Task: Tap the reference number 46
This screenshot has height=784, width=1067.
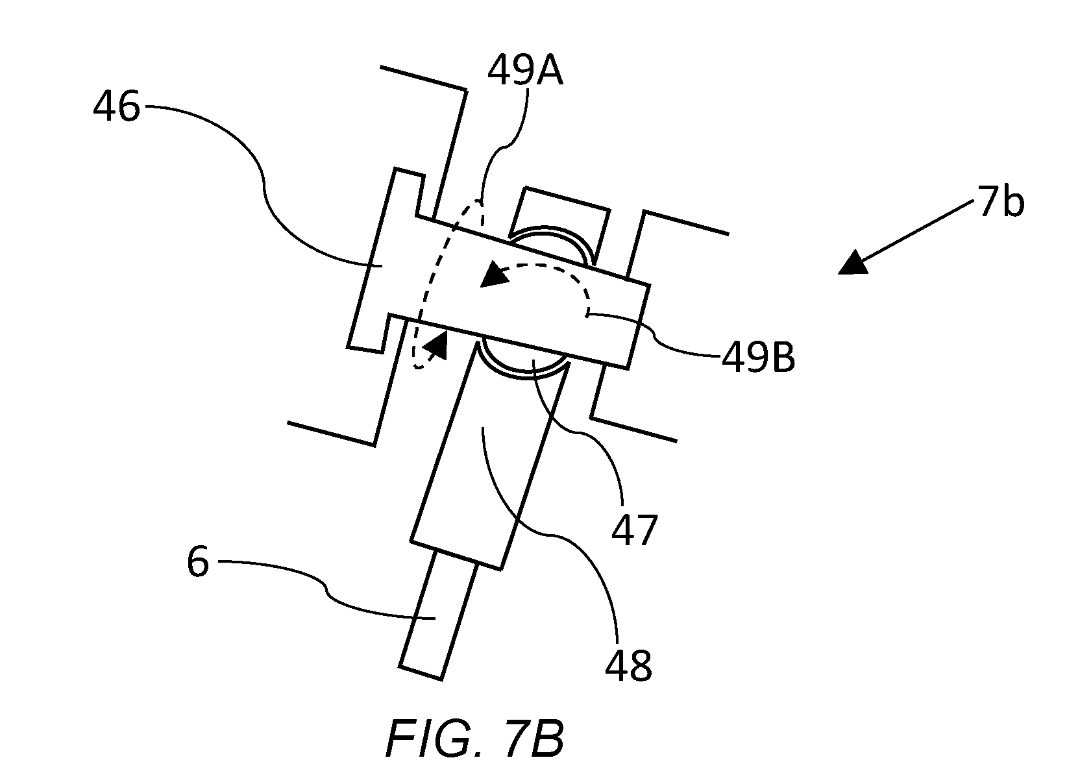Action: pyautogui.click(x=117, y=107)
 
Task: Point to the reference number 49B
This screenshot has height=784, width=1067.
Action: pyautogui.click(x=758, y=358)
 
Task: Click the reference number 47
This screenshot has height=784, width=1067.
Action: pyautogui.click(x=635, y=530)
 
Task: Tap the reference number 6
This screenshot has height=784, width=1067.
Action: pyautogui.click(x=198, y=562)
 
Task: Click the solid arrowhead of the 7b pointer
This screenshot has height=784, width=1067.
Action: pyautogui.click(x=854, y=264)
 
